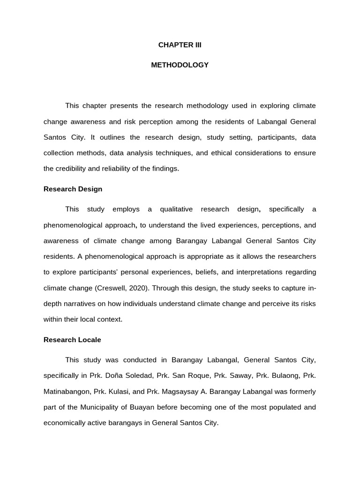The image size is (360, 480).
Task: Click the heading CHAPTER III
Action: [x=180, y=45]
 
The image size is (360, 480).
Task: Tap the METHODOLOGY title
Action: [x=180, y=65]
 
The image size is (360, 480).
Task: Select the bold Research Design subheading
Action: [x=73, y=189]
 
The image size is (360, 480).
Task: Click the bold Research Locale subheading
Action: [x=72, y=340]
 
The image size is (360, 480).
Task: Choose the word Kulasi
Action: [x=122, y=391]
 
